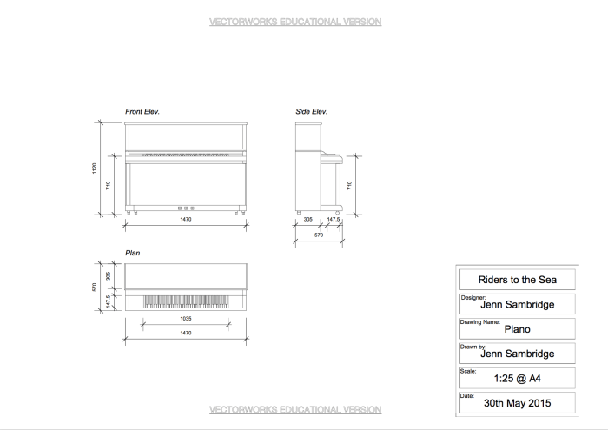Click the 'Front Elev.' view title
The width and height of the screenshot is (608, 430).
tap(142, 112)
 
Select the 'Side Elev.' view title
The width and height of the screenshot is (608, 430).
tap(311, 112)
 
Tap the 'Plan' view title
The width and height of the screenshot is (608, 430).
tap(133, 253)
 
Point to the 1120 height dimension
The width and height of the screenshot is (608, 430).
tap(96, 168)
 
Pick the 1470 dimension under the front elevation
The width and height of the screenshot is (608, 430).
tap(185, 219)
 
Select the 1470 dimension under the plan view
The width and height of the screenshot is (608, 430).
tap(185, 333)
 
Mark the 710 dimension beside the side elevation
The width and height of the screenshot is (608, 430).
tap(349, 185)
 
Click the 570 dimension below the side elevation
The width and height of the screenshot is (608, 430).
tap(319, 235)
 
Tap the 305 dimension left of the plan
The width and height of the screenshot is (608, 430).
tap(108, 275)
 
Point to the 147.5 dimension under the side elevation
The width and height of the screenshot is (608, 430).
tap(333, 220)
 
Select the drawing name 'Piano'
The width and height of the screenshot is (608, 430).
tap(517, 329)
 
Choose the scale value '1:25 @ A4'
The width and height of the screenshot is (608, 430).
tap(517, 378)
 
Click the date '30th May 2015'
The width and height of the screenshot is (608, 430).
tap(517, 403)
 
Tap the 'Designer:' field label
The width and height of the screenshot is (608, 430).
tap(473, 297)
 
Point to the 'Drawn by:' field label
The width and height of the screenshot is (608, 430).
tap(473, 346)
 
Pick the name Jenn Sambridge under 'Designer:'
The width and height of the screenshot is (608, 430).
tap(517, 305)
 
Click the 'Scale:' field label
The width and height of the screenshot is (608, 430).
tap(467, 371)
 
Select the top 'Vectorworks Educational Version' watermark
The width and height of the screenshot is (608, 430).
tap(295, 22)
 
